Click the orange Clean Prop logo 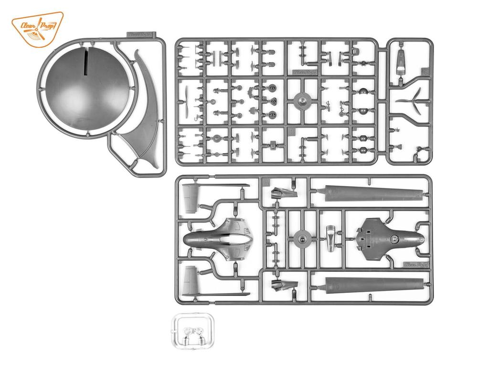click(x=37, y=29)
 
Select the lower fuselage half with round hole click(x=390, y=237)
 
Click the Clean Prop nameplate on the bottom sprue click(x=415, y=264)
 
